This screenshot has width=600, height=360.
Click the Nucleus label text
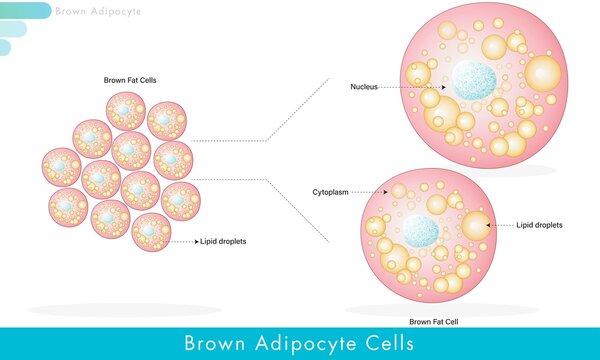[x=364, y=87]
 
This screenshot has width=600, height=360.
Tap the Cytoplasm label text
[x=329, y=190]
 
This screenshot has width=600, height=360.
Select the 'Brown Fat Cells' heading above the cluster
[x=130, y=80]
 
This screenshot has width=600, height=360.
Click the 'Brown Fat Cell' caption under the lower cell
[x=434, y=322]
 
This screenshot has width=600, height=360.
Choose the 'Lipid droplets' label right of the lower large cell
[x=539, y=225]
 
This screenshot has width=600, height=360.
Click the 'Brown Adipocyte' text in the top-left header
[x=99, y=12]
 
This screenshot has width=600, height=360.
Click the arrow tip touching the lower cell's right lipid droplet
[x=489, y=225]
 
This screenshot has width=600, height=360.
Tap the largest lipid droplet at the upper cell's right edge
[x=543, y=72]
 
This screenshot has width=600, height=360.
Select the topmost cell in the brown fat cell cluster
[x=126, y=110]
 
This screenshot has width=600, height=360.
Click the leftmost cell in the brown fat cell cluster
[x=62, y=167]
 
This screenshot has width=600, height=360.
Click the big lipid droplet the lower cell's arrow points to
[x=474, y=225]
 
